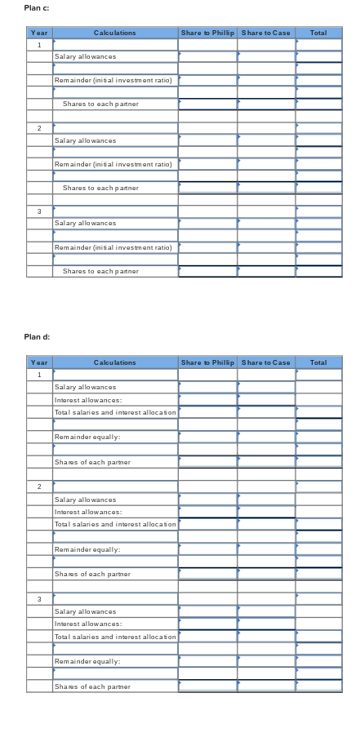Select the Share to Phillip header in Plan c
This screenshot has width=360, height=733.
207,33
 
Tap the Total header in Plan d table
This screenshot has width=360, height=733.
318,362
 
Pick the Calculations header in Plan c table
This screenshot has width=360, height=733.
115,33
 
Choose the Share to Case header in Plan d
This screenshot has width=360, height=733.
266,362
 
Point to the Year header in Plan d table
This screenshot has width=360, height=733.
39,362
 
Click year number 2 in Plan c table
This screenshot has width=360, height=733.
39,128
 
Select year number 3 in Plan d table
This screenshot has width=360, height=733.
39,599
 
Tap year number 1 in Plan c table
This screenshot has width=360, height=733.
39,45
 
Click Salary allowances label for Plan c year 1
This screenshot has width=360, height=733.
85,56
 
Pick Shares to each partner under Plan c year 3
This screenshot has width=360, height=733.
100,270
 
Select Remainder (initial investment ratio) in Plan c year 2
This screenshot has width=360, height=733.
113,164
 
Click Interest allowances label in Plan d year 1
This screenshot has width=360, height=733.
88,400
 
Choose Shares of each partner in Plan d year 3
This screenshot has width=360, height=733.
92,686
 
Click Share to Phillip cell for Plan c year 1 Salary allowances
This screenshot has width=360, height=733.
207,56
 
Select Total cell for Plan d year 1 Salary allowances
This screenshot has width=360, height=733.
318,387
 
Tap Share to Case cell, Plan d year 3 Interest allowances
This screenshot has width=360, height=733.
266,624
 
